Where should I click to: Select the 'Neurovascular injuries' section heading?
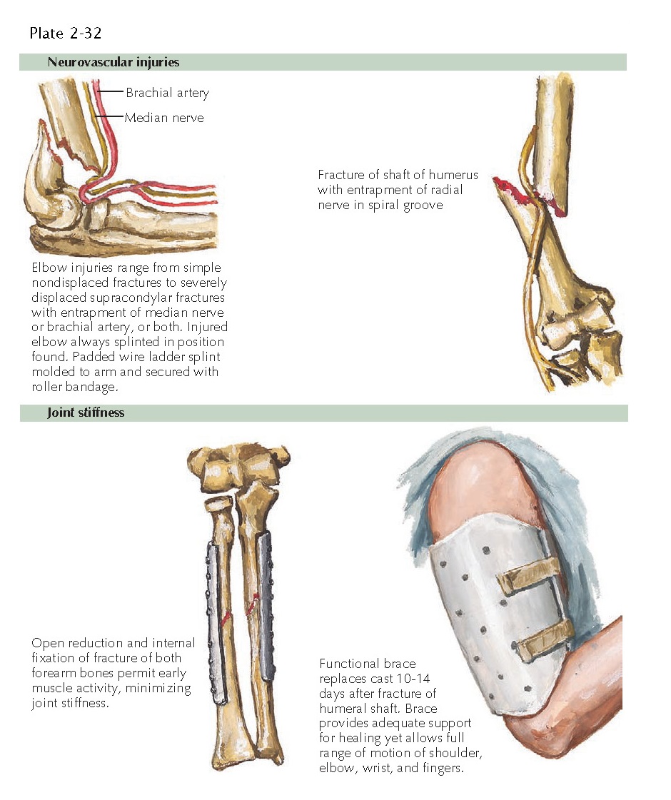[113, 62]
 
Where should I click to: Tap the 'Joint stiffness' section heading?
[86, 412]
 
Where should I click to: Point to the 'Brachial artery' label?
[167, 93]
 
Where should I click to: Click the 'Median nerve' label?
[164, 118]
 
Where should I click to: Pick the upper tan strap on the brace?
[530, 575]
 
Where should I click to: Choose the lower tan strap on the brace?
[544, 639]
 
